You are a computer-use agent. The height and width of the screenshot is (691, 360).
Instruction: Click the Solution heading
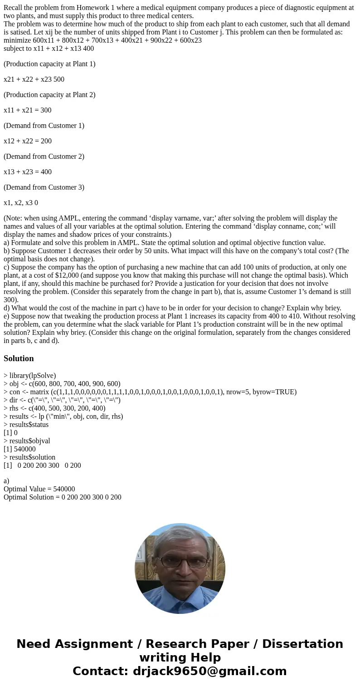pos(19,358)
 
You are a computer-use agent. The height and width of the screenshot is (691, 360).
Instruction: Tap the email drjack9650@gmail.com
pos(209,671)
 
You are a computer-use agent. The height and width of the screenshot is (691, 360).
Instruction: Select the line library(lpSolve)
pos(30,376)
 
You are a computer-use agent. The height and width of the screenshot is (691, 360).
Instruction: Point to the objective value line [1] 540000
pos(19,449)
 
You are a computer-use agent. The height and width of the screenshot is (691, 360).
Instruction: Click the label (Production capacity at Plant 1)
pos(49,64)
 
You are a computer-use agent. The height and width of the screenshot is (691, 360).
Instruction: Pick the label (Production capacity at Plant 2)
pos(49,95)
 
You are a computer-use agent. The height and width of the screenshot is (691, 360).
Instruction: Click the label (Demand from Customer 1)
pos(44,126)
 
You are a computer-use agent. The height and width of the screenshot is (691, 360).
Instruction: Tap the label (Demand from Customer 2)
pos(44,157)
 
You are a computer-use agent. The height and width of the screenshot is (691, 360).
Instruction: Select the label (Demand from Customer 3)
pos(44,187)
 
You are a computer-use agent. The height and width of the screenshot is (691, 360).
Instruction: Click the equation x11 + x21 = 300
pos(28,110)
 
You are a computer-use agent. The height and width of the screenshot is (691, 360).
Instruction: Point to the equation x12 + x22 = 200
pos(28,141)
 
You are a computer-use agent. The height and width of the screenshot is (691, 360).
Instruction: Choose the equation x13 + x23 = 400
pos(28,172)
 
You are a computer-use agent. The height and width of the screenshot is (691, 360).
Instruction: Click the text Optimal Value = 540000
pos(39,489)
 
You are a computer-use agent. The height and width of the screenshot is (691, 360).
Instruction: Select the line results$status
pos(26,425)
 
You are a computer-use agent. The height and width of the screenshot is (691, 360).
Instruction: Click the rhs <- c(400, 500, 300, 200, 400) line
pos(54,408)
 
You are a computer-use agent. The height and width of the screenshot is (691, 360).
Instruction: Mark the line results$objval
pos(27,441)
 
